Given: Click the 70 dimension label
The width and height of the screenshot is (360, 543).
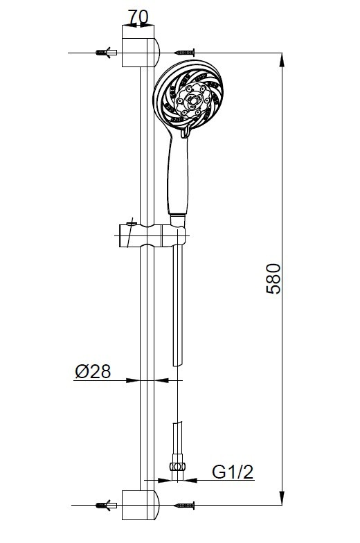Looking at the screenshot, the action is [x=138, y=17].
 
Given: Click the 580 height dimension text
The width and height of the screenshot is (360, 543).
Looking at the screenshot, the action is [x=273, y=278].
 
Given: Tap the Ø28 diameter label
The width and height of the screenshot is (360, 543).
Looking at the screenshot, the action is [x=93, y=371].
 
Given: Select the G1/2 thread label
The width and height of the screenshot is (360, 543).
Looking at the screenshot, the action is [x=233, y=472].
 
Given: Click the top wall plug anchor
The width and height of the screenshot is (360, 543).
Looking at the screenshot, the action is [x=107, y=53].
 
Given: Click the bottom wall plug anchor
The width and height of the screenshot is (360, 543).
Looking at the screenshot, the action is [x=107, y=506].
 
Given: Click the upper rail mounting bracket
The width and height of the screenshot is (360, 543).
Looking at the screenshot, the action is [x=140, y=46].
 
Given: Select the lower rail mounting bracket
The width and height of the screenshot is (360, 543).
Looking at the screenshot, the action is [x=140, y=505].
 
